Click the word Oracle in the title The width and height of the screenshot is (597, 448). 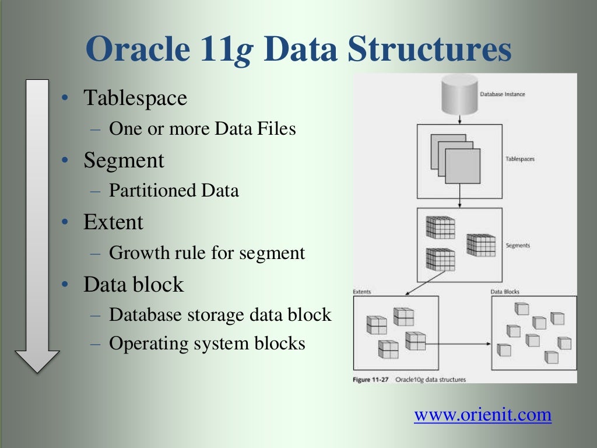tap(136, 49)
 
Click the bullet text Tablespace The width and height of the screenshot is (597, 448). tap(135, 98)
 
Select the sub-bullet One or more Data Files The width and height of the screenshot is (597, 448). tap(202, 128)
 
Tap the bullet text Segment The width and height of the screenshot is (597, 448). tap(124, 160)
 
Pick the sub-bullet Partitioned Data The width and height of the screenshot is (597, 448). tap(174, 191)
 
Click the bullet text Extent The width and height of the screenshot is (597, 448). tap(113, 222)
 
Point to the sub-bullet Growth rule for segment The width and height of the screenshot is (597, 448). tap(207, 253)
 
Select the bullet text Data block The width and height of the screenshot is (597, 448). tap(134, 285)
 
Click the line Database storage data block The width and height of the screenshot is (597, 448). tap(220, 315)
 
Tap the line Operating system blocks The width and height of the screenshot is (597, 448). tap(207, 344)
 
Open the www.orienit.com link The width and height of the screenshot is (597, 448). tap(482, 415)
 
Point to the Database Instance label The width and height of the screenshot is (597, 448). tap(502, 94)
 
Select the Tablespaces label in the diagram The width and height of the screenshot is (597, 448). tap(519, 159)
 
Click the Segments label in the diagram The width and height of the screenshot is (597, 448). tap(518, 246)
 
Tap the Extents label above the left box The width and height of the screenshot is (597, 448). tap(361, 292)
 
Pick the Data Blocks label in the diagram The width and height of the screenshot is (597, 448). tap(505, 292)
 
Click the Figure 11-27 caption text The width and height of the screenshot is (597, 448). tap(409, 379)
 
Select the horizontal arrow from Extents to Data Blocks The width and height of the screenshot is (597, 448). tap(458, 344)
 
